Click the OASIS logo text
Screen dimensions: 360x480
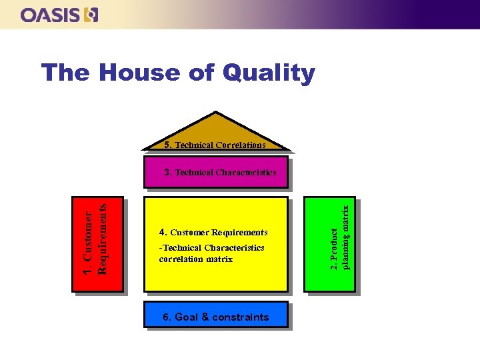pos(51,15)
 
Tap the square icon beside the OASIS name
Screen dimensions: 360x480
pos(91,15)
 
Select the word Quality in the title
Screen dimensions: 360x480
pos(270,73)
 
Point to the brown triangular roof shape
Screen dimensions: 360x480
pos(216,127)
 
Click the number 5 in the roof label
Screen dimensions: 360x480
pos(167,144)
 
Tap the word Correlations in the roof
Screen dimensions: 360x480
pos(241,145)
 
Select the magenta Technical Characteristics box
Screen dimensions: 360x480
pos(216,172)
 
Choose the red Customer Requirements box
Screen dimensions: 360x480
pos(98,244)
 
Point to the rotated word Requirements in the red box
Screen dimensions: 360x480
pos(102,238)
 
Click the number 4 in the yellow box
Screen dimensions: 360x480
pos(163,233)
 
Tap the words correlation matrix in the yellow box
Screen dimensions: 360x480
pos(196,259)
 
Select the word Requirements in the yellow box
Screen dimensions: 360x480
pos(239,233)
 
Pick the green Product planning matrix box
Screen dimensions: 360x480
pos(329,244)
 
